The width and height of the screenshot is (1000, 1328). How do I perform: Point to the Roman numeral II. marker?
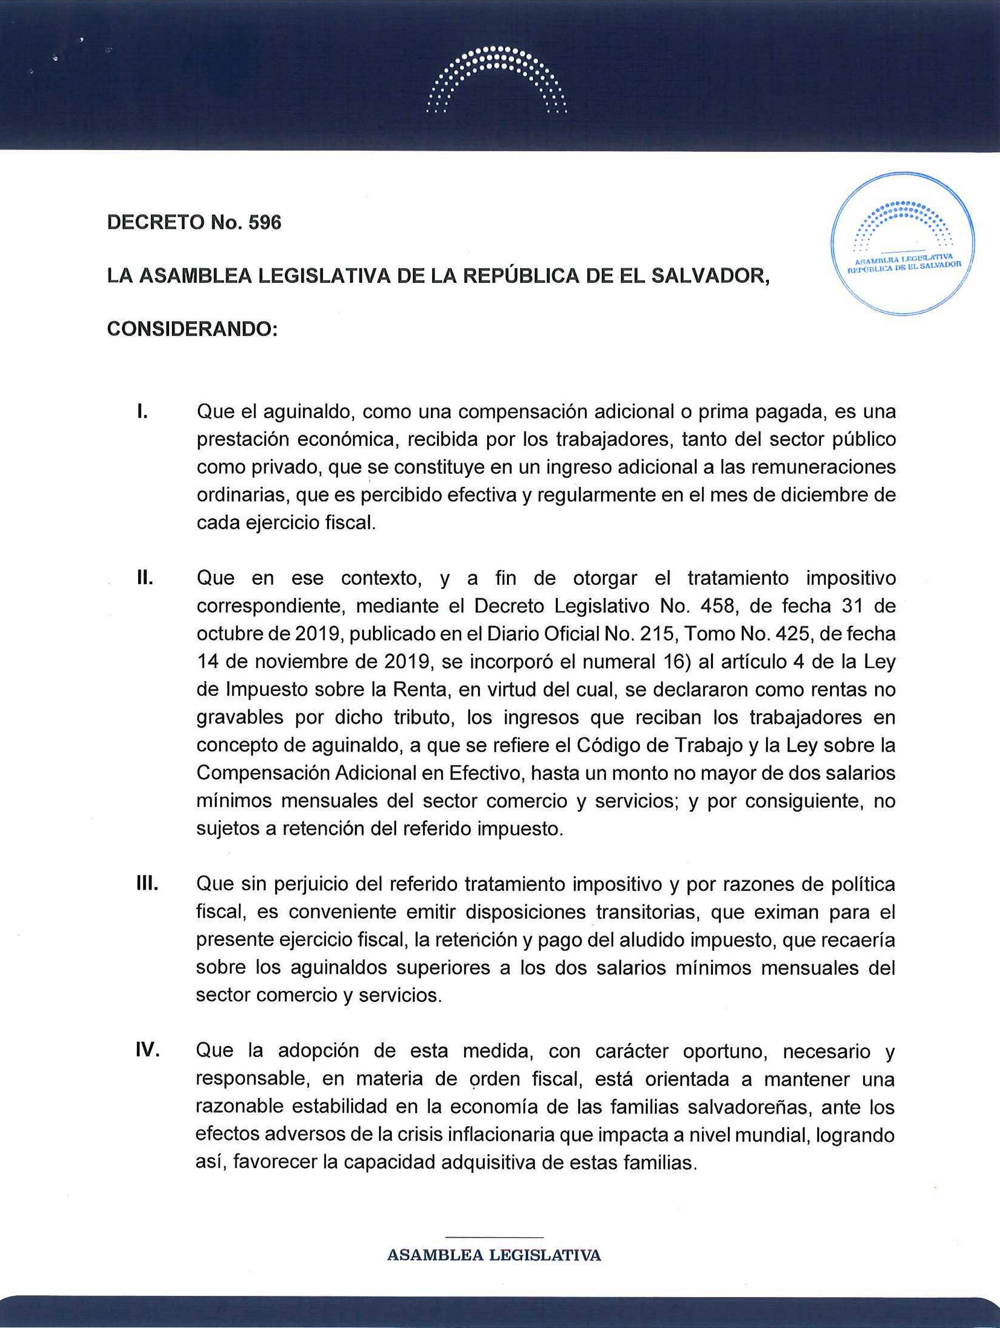pyautogui.click(x=145, y=578)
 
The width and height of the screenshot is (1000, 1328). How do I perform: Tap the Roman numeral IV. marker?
pyautogui.click(x=148, y=1051)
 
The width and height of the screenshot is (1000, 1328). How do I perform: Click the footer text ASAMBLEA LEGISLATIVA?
pyautogui.click(x=494, y=1255)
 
